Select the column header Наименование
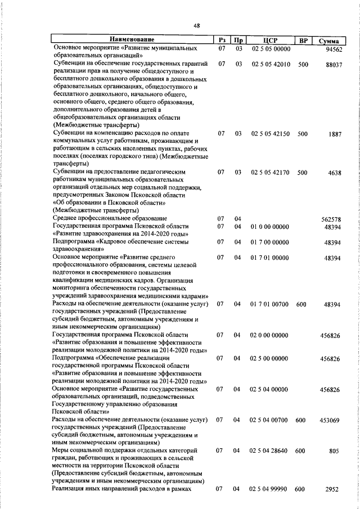tap(132, 40)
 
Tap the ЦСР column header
tap(270, 40)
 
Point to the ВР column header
tap(303, 40)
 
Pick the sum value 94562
tap(334, 49)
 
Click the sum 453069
tap(332, 420)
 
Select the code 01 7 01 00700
tap(270, 304)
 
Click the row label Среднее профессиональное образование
tap(110, 218)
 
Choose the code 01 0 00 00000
tap(270, 226)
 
